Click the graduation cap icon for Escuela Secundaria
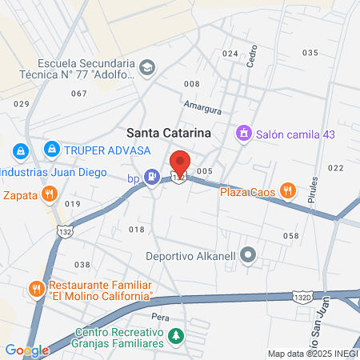(x=146, y=67)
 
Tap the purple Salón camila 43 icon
(x=243, y=134)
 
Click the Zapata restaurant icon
(x=50, y=193)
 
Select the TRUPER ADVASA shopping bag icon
(x=51, y=149)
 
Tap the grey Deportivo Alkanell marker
(x=249, y=256)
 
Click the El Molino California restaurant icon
(x=37, y=288)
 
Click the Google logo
(x=26, y=350)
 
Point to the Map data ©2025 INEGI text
(x=311, y=353)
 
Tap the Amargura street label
(x=201, y=104)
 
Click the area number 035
(x=310, y=52)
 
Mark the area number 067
(x=78, y=93)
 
